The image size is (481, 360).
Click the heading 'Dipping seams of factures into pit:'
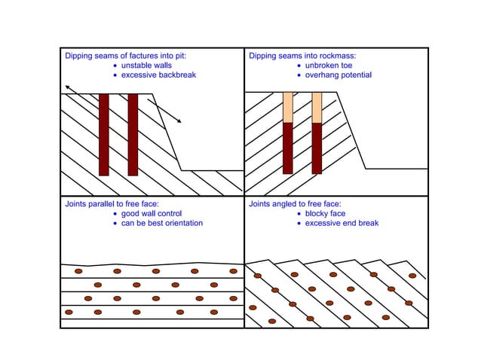[124, 56]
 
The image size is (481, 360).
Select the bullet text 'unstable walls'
[146, 66]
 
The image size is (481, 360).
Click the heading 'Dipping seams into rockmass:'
[302, 56]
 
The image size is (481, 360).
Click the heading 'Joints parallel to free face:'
[112, 203]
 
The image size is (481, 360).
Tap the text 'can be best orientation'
[162, 223]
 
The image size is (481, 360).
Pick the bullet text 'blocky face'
[326, 213]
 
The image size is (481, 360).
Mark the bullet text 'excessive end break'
[342, 223]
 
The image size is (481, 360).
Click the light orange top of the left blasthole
[287, 107]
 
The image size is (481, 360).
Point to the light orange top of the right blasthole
[317, 107]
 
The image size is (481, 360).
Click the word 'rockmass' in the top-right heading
[339, 56]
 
